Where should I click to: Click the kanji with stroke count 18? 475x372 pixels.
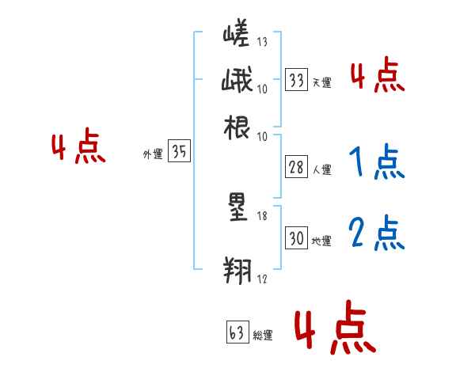236,207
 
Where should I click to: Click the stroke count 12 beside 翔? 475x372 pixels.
263,278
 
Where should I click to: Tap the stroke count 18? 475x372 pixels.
263,215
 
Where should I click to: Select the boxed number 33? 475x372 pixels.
297,80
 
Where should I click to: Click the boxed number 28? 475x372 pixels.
297,167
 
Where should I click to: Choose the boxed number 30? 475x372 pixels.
297,238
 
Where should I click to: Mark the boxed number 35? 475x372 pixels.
179,153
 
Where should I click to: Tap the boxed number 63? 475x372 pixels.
237,332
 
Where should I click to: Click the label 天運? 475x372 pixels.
321,82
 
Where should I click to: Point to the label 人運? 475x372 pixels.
321,169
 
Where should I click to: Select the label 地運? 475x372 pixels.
321,241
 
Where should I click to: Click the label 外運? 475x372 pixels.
152,155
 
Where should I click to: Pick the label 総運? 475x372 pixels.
263,335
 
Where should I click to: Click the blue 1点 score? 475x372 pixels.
374,162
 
